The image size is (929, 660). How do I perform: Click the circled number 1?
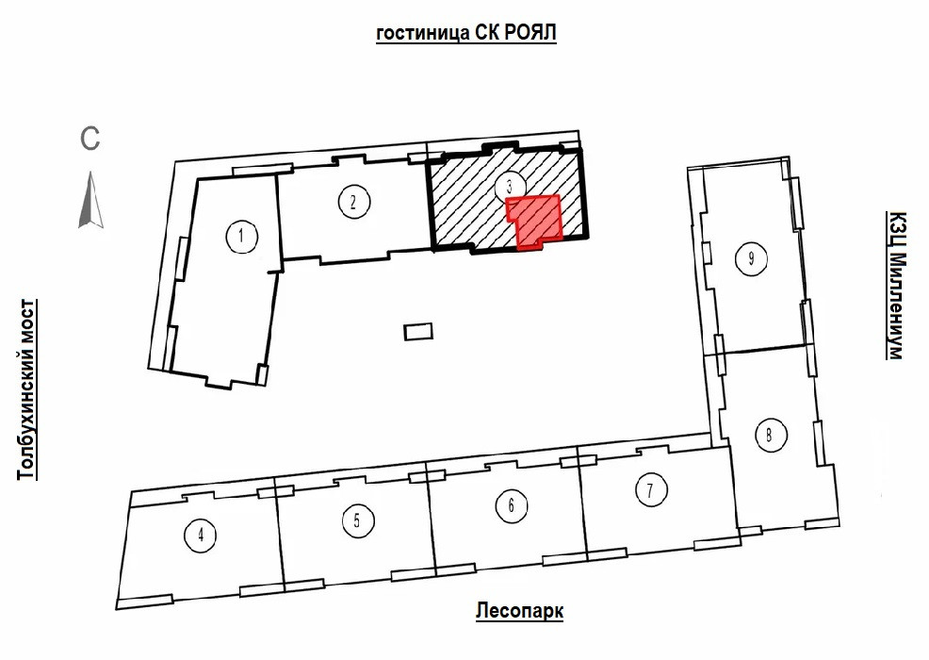point(242,236)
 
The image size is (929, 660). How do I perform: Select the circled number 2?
point(352,201)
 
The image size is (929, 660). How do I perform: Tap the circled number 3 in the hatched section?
point(508,186)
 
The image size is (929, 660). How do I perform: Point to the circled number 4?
point(201,536)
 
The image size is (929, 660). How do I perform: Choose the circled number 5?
point(356,520)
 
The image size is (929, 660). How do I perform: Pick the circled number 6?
point(511,506)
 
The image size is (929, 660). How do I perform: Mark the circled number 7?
point(650,490)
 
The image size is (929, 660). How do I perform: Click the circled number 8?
point(770,435)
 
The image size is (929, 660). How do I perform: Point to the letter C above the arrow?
point(90,139)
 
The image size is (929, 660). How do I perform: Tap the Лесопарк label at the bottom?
point(520,612)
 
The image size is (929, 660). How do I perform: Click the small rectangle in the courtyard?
point(417,331)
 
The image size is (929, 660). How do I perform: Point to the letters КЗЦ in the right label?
point(896,229)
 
